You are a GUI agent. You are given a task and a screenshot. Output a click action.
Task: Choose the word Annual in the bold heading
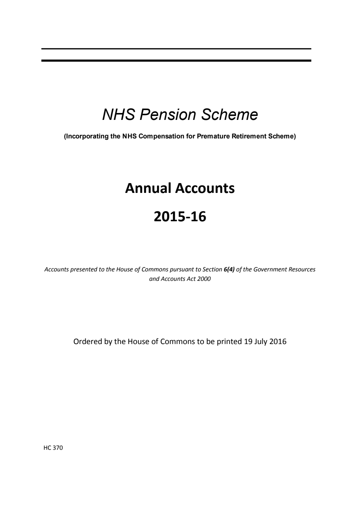(x=148, y=188)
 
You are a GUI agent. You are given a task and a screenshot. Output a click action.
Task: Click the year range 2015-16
(x=180, y=217)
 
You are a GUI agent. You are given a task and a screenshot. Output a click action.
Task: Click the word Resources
(x=302, y=270)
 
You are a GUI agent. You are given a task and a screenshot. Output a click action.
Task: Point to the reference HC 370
(x=53, y=448)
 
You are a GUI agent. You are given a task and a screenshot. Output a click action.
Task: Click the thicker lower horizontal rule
(x=176, y=60)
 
